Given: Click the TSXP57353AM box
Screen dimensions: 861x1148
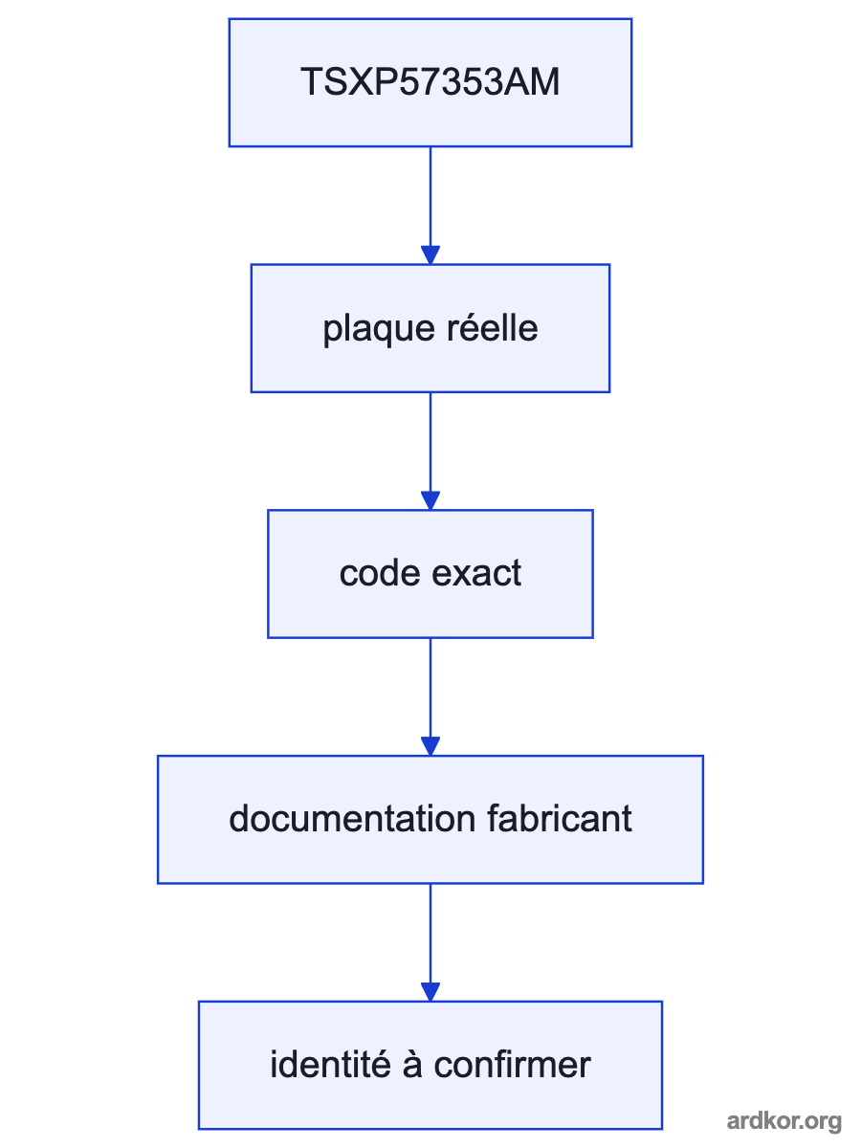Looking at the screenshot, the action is [430, 82].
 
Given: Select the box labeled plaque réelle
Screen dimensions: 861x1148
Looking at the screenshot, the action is [430, 328].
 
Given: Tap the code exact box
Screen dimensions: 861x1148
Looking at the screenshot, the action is [430, 574].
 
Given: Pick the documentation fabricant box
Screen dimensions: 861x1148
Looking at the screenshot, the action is [430, 820].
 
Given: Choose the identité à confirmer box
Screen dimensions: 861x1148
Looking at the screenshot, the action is [430, 1066].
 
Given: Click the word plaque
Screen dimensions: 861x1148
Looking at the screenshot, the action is [379, 331].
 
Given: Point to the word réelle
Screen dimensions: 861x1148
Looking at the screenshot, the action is [493, 327].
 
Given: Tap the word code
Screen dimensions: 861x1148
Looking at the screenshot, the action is [380, 573].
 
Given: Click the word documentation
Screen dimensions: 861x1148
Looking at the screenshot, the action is [352, 819].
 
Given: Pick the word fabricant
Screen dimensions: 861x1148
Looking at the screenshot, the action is [560, 819].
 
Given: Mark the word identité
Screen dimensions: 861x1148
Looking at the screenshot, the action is [330, 1065].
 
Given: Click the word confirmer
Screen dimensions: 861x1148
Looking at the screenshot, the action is [513, 1065].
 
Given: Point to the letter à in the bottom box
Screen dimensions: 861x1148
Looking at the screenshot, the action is [412, 1066].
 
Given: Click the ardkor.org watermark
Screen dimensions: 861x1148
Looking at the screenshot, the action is [784, 1121].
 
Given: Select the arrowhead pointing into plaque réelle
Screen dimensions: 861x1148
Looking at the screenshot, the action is [430, 254].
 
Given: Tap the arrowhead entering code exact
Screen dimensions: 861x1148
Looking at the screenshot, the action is [430, 500].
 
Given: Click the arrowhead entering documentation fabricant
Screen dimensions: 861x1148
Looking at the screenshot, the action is [430, 746].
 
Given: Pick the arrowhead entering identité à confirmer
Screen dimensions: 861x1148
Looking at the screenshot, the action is [430, 992].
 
